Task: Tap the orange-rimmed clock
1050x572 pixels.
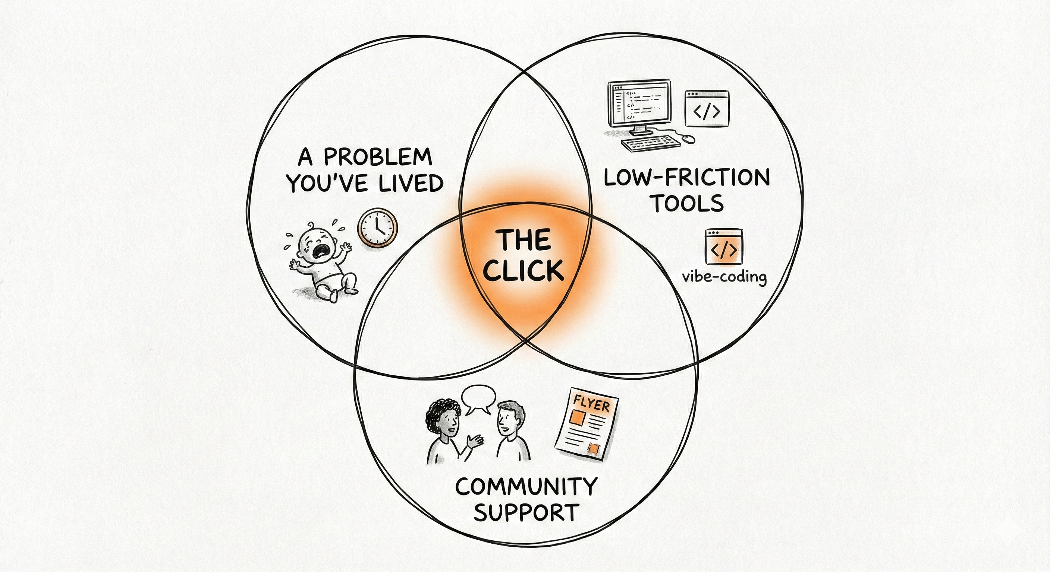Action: click(377, 228)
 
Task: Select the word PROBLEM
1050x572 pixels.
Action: click(377, 157)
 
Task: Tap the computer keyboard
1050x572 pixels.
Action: click(651, 144)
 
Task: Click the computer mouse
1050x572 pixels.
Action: click(688, 139)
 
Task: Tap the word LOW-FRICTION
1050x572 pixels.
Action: click(686, 178)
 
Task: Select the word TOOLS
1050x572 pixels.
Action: click(688, 203)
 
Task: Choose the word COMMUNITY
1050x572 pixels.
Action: click(526, 486)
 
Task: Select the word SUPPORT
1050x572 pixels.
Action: click(526, 512)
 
